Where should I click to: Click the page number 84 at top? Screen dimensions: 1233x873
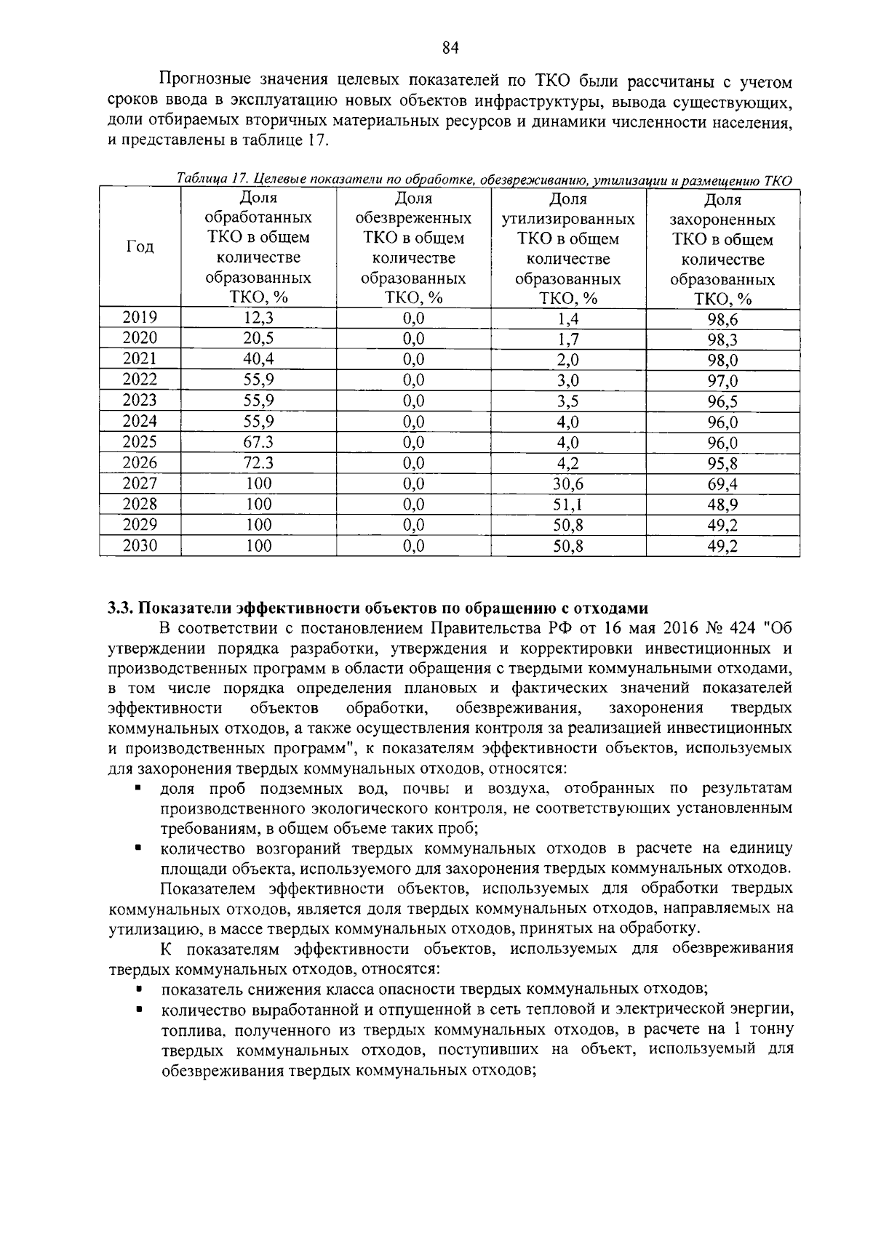click(x=450, y=48)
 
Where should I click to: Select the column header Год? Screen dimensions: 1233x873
click(x=140, y=247)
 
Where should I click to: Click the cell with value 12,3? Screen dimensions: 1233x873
click(x=258, y=318)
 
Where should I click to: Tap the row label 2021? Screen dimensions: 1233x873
click(x=140, y=358)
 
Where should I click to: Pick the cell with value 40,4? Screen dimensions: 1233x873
click(x=258, y=359)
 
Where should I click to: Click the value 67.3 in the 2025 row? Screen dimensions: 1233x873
click(x=258, y=442)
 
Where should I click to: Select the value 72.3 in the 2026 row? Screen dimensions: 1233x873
click(x=258, y=462)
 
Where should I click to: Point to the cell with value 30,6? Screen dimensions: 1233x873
click(x=568, y=484)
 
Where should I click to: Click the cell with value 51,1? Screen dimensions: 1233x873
click(x=568, y=505)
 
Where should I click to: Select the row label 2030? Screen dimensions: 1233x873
click(x=140, y=545)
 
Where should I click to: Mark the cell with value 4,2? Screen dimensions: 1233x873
click(x=568, y=463)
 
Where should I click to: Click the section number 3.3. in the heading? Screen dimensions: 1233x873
click(x=120, y=609)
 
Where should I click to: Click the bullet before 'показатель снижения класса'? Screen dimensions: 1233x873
click(x=137, y=989)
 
